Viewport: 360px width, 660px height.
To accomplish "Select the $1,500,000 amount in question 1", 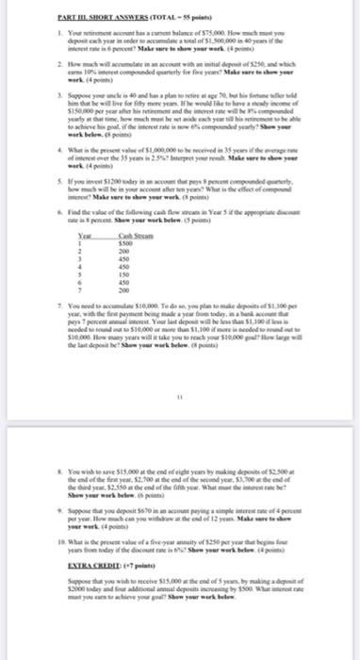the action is point(235,41).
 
